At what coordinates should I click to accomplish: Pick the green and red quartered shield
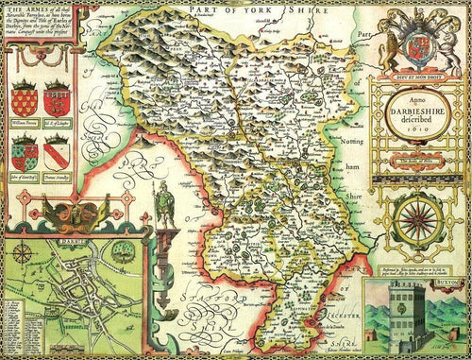pyautogui.click(x=25, y=151)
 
